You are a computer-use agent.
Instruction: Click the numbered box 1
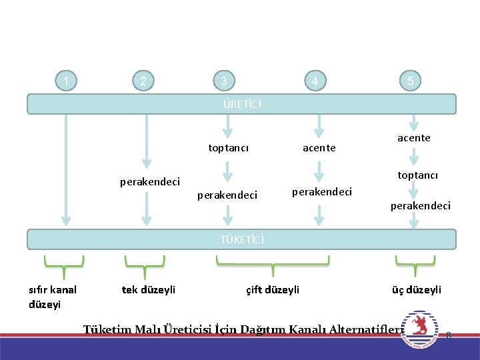coord(65,82)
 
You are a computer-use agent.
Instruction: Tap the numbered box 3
coord(225,82)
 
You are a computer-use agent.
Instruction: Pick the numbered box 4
coord(315,82)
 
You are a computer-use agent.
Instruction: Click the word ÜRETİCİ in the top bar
coord(242,104)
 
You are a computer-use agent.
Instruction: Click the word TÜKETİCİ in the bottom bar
coord(242,239)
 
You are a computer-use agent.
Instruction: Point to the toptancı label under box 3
coord(229,148)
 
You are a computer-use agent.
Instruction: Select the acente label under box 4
coord(319,148)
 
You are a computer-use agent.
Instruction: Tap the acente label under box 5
coord(414,138)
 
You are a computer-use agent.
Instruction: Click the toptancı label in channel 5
coord(417,175)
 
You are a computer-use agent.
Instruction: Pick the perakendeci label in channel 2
coord(150,181)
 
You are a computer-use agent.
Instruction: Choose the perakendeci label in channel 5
coord(421,205)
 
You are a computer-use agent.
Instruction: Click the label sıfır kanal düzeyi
coord(53,297)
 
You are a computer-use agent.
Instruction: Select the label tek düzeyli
coord(149,289)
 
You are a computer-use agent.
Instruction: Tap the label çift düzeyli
coord(273,289)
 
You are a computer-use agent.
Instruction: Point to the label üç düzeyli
coord(417,289)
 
